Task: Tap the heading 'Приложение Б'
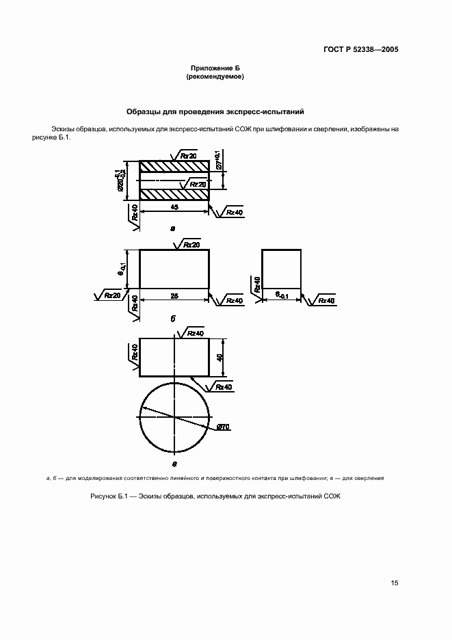click(x=215, y=68)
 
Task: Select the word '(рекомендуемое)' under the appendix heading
click(x=215, y=77)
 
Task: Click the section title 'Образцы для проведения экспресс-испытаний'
click(x=215, y=111)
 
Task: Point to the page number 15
click(x=395, y=583)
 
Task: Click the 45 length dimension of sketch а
click(x=174, y=206)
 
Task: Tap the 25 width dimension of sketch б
click(x=174, y=295)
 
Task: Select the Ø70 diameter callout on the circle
click(x=223, y=427)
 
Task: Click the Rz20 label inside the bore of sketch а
click(x=197, y=184)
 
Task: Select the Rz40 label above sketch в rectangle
click(x=195, y=332)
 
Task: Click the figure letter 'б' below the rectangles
click(x=173, y=319)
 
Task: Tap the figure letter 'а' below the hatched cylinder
click(x=173, y=228)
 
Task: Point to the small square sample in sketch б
click(x=281, y=268)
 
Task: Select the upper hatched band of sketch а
click(x=174, y=167)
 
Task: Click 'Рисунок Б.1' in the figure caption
click(x=109, y=496)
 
